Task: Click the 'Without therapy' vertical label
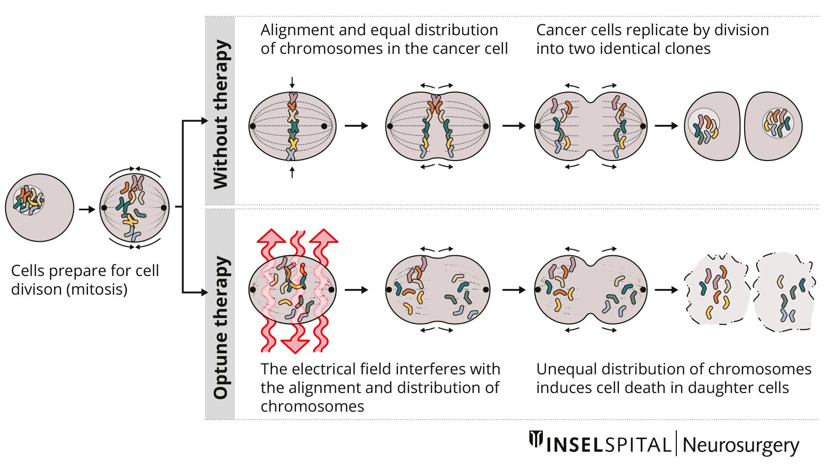tap(220, 114)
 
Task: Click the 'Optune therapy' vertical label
tap(220, 328)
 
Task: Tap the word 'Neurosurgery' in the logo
tap(741, 445)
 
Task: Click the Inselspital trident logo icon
tap(536, 440)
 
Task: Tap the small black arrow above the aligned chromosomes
tap(292, 82)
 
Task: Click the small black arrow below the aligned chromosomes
tap(292, 172)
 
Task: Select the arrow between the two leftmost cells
tap(87, 209)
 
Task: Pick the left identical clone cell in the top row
tap(712, 126)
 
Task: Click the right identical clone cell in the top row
tap(773, 126)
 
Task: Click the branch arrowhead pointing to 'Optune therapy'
tap(203, 292)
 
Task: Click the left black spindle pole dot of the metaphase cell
tap(253, 126)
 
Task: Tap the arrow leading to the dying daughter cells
tap(667, 290)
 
